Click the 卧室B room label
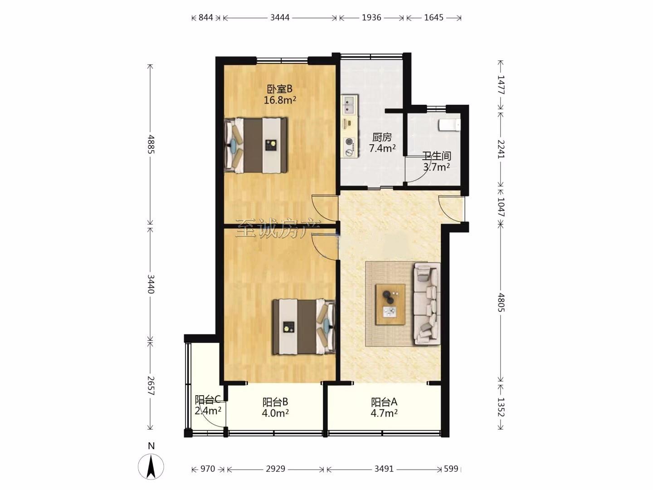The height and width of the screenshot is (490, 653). point(280,89)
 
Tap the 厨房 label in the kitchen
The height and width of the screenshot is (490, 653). point(382,137)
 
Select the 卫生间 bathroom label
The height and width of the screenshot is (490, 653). point(437,156)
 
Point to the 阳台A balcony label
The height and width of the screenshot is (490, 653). point(384,402)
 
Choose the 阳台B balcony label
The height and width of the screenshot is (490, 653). point(275,402)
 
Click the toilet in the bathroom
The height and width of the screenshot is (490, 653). point(449,125)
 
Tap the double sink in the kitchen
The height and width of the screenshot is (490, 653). point(350,105)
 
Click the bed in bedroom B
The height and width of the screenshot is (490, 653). point(256,145)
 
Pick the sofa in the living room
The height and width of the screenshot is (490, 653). point(427,304)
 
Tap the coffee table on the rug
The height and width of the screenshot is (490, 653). point(390,304)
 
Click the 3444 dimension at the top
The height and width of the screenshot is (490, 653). point(280,18)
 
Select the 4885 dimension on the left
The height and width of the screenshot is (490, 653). point(151,144)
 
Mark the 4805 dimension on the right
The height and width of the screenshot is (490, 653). point(501,303)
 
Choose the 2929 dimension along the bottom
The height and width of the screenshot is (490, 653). point(275,469)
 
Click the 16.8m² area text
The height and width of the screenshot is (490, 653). point(280,100)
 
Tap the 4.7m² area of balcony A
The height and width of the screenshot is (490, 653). point(384,413)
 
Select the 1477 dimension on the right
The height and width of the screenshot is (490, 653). point(501,85)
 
